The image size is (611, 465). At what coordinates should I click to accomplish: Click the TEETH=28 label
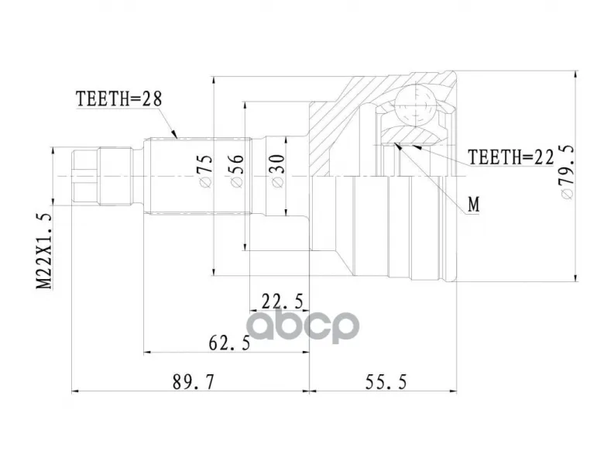(x=118, y=99)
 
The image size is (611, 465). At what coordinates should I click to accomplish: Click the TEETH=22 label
(x=511, y=157)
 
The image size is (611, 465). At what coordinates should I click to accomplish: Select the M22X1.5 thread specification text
(x=44, y=251)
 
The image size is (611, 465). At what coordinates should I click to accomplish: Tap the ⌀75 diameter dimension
(x=205, y=171)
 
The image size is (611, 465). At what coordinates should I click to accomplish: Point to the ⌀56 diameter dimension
(x=236, y=171)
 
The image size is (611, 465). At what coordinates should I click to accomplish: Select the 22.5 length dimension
(x=283, y=301)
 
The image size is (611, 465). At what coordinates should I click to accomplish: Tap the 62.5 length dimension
(x=229, y=343)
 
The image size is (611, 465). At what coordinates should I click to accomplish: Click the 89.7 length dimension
(x=194, y=381)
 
